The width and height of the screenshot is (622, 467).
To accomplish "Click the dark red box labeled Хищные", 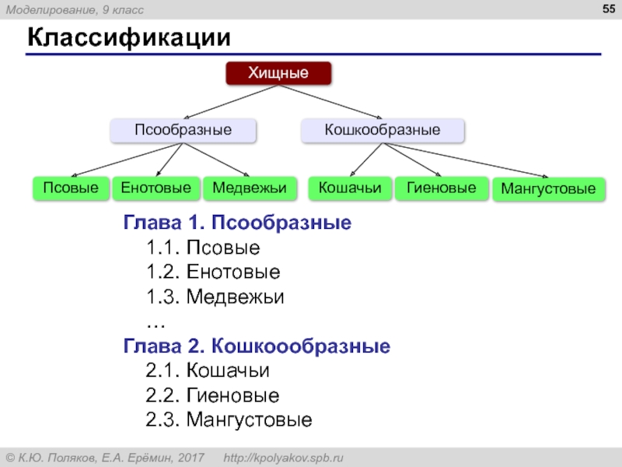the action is point(278,73).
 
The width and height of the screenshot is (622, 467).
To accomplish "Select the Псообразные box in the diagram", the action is point(183,130).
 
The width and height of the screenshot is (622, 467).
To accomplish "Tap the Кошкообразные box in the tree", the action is point(383,130).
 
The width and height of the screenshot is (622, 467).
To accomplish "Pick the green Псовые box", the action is point(70,188).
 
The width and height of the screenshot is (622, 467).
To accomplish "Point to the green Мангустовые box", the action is point(548,189).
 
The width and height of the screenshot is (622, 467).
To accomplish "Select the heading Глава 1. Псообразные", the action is point(237,224).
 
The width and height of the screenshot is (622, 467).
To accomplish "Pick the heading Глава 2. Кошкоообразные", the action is point(257,345).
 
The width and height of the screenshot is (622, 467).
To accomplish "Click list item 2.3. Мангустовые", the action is point(229,420).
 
